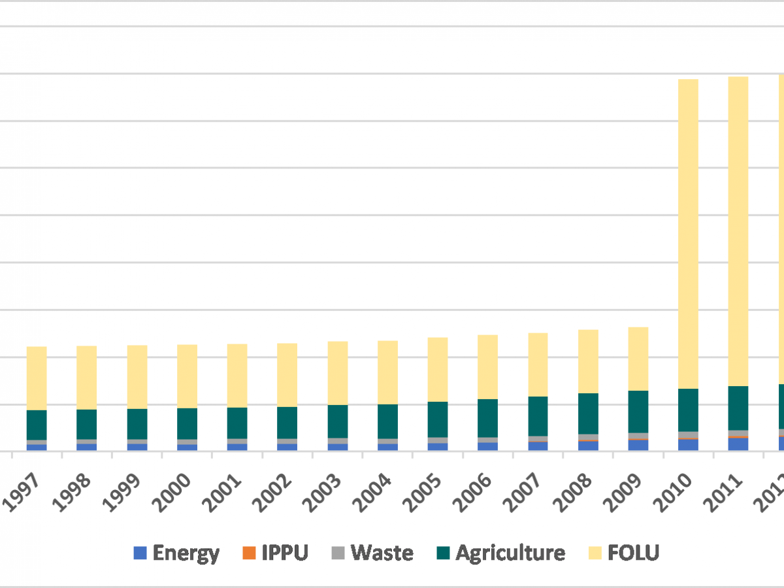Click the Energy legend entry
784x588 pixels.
pos(176,553)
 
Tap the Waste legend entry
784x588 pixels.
pos(372,553)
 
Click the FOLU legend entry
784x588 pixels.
pos(623,553)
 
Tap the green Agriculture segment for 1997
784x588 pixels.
pos(37,425)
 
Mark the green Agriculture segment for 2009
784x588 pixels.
pos(638,412)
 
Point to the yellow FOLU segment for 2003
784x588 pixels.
pos(338,373)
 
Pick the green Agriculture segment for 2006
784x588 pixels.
pos(487,418)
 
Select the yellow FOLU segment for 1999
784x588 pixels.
pos(137,377)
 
